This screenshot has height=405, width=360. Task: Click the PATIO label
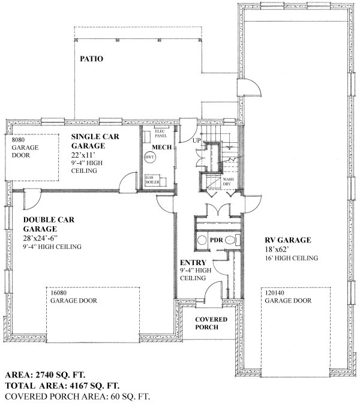pyautogui.click(x=91, y=59)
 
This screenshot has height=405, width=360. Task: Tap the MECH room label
pyautogui.click(x=160, y=147)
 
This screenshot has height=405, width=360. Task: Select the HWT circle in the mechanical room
pyautogui.click(x=149, y=158)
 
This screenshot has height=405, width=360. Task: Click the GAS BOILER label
pyautogui.click(x=152, y=181)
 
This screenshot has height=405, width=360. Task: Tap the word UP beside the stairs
pyautogui.click(x=197, y=140)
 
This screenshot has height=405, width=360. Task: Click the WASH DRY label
pyautogui.click(x=228, y=182)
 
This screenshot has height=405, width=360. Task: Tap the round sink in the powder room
pyautogui.click(x=202, y=239)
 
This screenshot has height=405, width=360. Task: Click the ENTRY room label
pyautogui.click(x=193, y=263)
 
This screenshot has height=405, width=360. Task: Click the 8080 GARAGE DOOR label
pyautogui.click(x=25, y=147)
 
